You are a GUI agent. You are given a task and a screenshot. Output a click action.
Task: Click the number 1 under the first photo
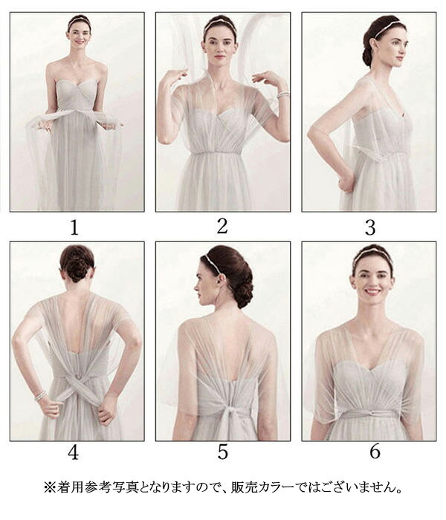tap(74, 227)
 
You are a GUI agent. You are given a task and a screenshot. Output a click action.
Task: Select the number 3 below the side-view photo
tap(370, 227)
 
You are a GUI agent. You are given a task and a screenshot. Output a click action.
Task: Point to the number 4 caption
tap(74, 452)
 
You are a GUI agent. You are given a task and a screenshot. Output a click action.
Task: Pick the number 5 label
tap(222, 452)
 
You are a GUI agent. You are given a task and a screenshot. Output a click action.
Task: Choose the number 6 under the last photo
tap(375, 452)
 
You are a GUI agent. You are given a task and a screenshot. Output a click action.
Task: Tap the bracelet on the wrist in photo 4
tap(40, 396)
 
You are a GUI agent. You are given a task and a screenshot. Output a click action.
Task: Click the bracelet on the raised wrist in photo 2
tap(283, 95)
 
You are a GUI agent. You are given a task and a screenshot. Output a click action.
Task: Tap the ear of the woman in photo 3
tap(376, 45)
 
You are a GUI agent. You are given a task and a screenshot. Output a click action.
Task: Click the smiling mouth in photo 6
tap(372, 292)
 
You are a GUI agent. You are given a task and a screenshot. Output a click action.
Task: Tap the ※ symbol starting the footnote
tap(50, 487)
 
